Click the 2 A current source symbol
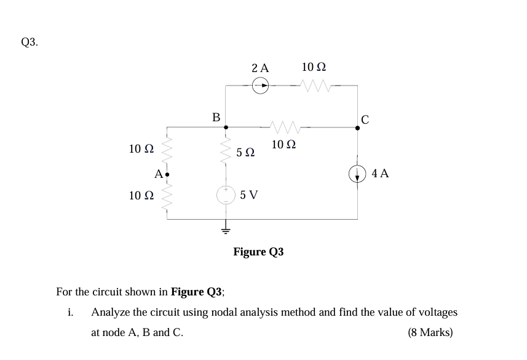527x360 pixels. point(261,86)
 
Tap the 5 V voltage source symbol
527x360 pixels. point(226,194)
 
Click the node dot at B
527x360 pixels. point(226,127)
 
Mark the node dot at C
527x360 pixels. point(358,128)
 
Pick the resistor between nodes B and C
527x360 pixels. point(283,127)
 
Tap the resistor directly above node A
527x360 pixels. point(167,149)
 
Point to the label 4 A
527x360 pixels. point(380,173)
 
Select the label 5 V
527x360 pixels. point(249,195)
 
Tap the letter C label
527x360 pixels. point(365,119)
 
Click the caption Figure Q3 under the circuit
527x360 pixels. point(258,252)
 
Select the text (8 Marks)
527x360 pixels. point(430,332)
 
